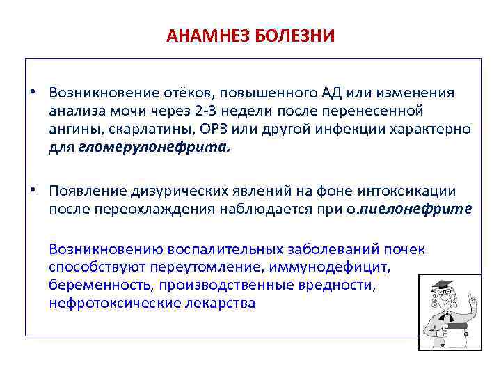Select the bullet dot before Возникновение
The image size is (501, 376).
[x=32, y=93]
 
